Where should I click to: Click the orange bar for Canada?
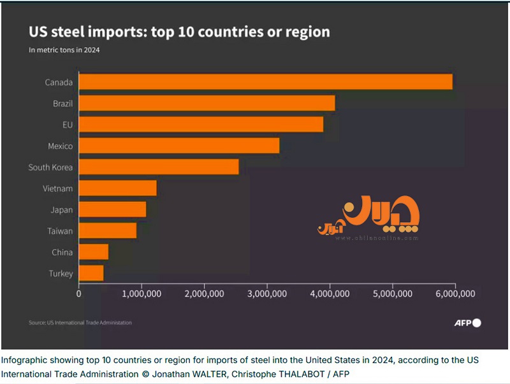pos(265,82)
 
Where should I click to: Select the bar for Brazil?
pos(207,103)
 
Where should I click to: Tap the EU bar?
pos(201,124)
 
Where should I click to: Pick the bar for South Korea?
pos(159,167)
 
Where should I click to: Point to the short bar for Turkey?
pos(91,273)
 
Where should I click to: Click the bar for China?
pos(93,252)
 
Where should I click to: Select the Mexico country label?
pos(60,146)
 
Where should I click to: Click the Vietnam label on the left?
pos(58,188)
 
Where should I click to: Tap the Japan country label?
pos(62,210)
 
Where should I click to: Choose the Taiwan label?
pos(60,231)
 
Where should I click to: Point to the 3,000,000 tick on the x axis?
pos(267,294)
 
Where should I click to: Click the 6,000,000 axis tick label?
pos(455,294)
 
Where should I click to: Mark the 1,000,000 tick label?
pos(141,294)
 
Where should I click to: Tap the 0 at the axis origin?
pos(78,294)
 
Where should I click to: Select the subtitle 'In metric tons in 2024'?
pos(64,50)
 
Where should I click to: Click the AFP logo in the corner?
pos(468,323)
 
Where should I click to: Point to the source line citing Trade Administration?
pos(80,323)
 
